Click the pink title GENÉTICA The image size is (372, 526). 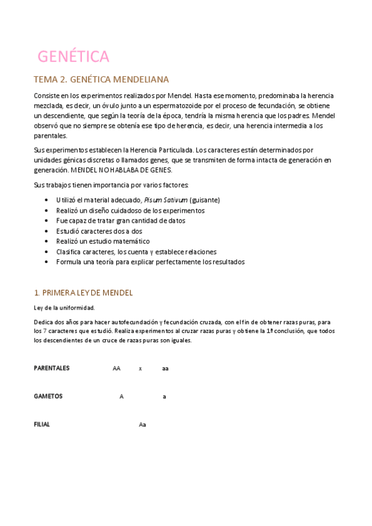[73, 56]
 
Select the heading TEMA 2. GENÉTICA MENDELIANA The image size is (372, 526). [101, 80]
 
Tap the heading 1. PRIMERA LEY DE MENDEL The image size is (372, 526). [83, 292]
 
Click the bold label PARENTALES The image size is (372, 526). [52, 368]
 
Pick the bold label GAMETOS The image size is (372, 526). [48, 396]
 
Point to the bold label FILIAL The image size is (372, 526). [42, 424]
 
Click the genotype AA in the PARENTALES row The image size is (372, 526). [117, 368]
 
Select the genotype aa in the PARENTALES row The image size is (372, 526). [165, 368]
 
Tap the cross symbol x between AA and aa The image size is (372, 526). [140, 368]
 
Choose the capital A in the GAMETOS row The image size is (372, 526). [122, 396]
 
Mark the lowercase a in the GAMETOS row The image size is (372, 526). [164, 396]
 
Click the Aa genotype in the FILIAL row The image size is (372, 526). [142, 425]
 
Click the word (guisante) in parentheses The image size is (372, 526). [205, 200]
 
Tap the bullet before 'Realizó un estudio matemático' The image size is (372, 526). [48, 241]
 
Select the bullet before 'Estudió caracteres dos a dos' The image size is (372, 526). [48, 231]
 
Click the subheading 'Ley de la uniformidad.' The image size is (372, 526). [64, 308]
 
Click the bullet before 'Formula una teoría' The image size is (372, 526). [48, 262]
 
